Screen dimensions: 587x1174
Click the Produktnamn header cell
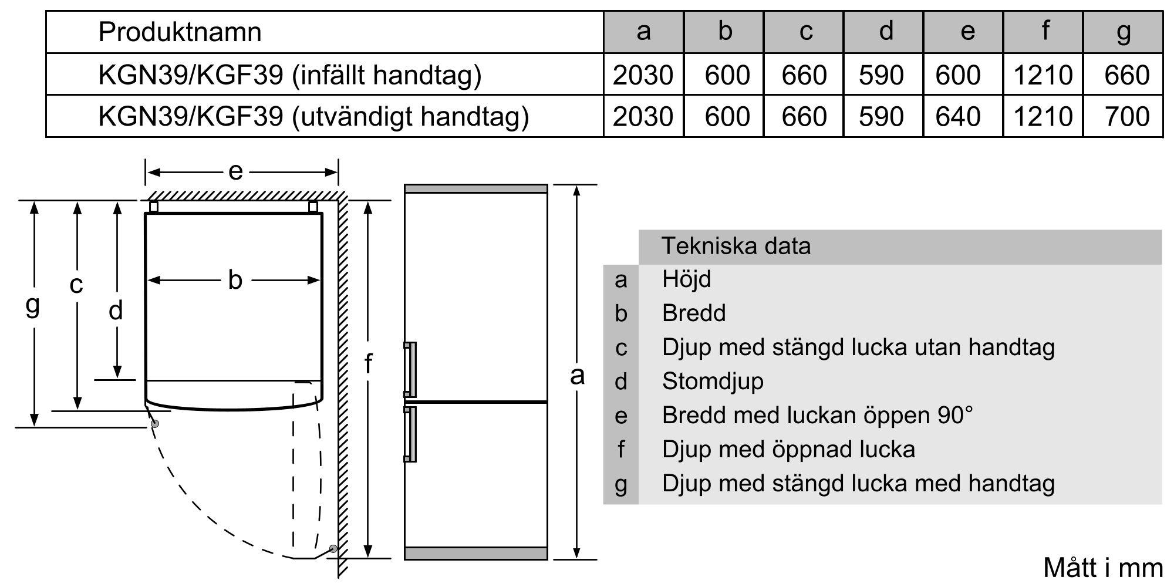point(180,32)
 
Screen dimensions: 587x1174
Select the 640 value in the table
point(958,116)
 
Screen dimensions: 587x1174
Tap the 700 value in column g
point(1126,116)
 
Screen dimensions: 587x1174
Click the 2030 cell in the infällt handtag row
point(643,75)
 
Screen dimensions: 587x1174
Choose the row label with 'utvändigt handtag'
point(313,116)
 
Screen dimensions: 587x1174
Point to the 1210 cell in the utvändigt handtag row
point(1043,116)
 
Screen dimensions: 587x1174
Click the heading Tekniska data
point(736,246)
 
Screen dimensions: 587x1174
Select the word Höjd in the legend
point(686,279)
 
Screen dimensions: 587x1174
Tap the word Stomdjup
point(713,382)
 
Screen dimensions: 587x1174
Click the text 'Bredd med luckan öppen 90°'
point(817,416)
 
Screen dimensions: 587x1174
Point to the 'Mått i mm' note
point(1102,568)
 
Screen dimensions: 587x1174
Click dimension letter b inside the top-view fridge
point(235,281)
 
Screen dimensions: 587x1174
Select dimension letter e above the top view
point(235,171)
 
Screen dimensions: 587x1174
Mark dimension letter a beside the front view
point(577,375)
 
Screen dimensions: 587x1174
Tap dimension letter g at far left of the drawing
point(33,305)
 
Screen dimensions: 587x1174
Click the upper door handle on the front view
point(410,369)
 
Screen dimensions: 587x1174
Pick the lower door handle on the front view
point(410,434)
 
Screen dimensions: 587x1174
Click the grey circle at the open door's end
point(333,549)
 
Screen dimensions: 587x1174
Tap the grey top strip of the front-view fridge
point(475,189)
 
